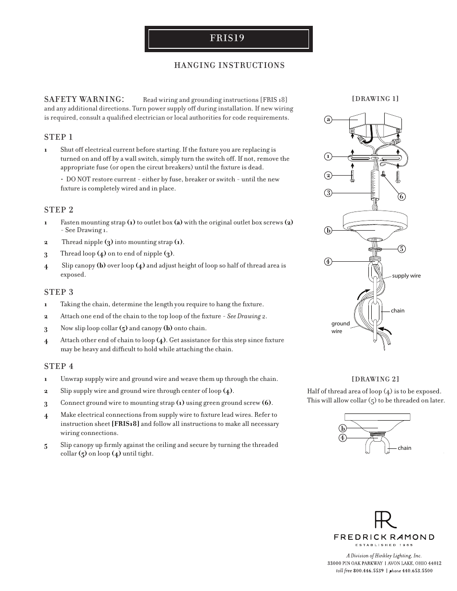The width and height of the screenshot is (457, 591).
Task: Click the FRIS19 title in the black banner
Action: tap(227, 38)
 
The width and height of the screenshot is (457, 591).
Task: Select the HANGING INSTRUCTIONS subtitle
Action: tap(229, 66)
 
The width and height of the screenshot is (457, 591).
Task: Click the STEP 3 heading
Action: tap(58, 292)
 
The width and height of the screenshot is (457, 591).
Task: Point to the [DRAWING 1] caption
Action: tap(375, 99)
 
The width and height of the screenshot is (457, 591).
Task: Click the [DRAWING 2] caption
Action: tap(375, 379)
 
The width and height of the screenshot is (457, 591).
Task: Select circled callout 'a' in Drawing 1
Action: tap(328, 120)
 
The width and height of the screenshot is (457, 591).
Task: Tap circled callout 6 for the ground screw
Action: tap(401, 196)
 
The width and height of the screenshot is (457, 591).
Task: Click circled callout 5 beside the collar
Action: tap(401, 248)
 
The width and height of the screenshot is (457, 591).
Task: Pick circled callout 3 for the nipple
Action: tap(328, 193)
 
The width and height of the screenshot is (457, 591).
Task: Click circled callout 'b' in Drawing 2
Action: tap(343, 428)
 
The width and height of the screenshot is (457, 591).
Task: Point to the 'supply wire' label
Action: tap(406, 276)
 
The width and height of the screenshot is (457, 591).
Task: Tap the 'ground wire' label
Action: tap(340, 327)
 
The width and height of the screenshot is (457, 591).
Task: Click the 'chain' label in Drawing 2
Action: tap(404, 448)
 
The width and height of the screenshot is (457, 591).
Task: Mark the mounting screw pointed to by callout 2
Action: tap(352, 176)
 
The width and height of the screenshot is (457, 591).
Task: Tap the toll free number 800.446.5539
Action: tap(368, 570)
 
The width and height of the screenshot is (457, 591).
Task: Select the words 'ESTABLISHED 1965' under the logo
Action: tap(384, 545)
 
